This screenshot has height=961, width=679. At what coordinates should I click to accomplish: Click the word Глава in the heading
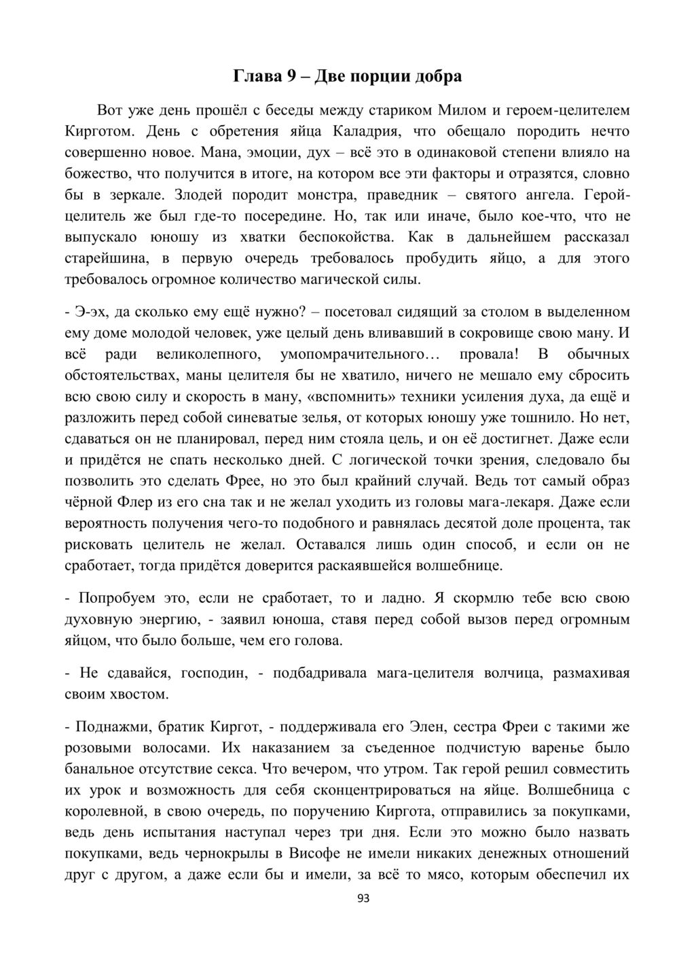click(257, 76)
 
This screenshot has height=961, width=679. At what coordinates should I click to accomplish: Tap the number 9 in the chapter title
click(290, 76)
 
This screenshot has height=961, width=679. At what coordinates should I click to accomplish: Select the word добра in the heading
click(438, 76)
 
